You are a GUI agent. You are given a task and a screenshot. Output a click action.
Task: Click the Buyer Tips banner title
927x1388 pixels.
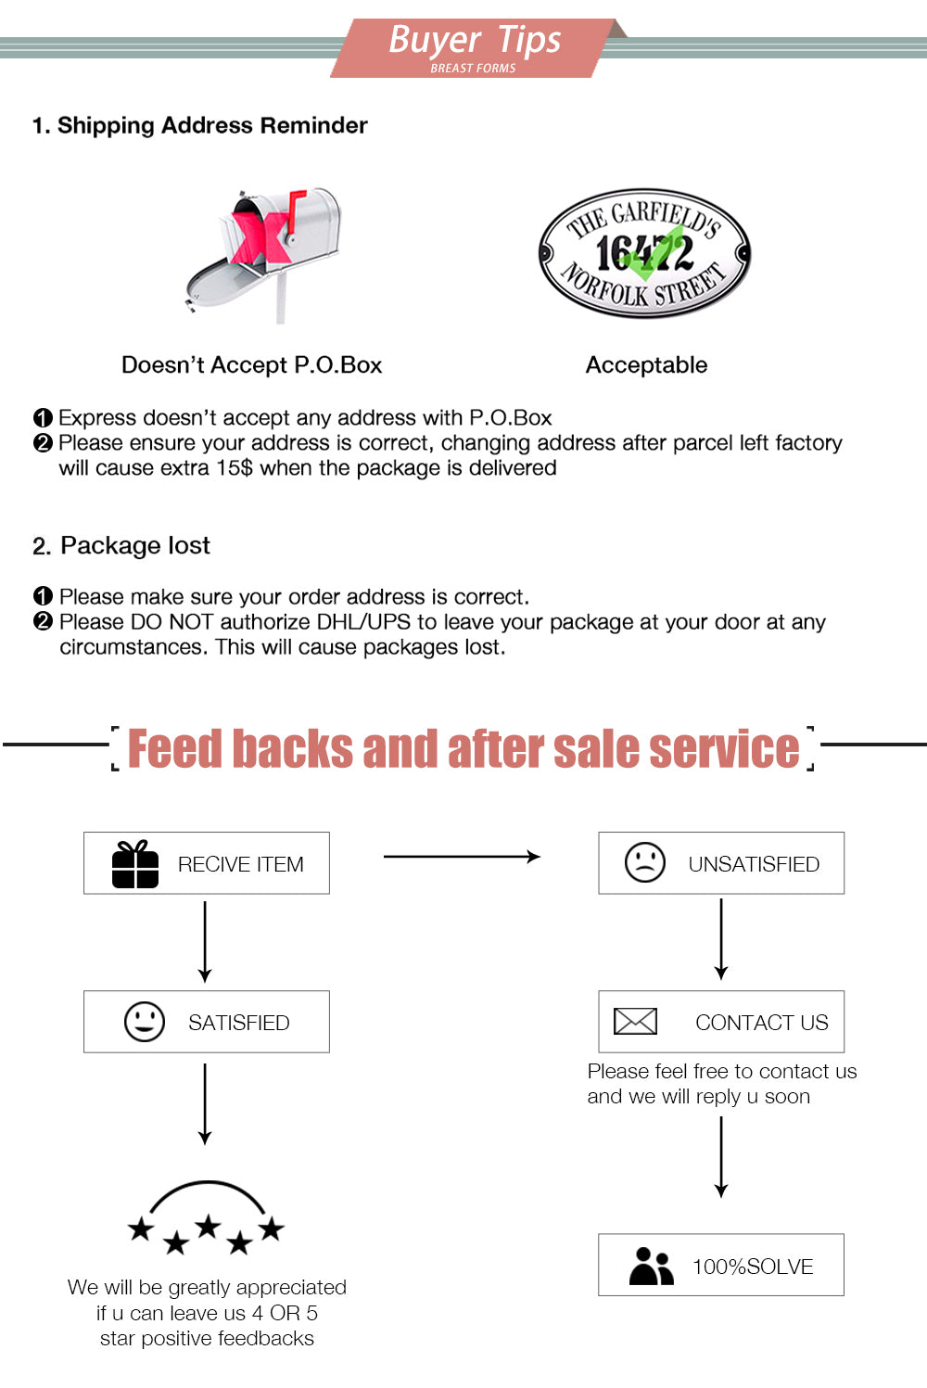(474, 41)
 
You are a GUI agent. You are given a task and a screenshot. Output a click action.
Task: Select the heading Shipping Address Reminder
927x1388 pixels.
(200, 126)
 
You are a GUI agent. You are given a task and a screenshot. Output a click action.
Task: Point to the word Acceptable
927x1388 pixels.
(646, 365)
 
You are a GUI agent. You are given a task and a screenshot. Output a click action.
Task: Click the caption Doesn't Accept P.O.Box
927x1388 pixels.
(251, 365)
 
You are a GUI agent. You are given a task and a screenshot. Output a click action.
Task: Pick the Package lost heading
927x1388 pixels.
(121, 546)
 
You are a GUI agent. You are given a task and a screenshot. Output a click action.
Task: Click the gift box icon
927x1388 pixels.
(135, 864)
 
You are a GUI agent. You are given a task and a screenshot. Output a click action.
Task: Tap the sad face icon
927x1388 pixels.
(645, 862)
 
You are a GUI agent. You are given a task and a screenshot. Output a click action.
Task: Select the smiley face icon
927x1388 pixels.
(145, 1022)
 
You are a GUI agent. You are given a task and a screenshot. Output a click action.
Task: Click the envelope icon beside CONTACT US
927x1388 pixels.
(635, 1022)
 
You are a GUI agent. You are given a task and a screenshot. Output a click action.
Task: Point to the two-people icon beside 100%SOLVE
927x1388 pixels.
(651, 1266)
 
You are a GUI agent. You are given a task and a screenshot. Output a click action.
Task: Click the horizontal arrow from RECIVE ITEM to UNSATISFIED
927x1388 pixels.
(462, 857)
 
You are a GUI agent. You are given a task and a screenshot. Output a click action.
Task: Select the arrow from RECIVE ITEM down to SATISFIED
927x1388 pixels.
(205, 941)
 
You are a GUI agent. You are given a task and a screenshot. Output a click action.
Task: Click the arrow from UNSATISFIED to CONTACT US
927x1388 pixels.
(721, 939)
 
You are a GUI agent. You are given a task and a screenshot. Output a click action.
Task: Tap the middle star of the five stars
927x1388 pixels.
(208, 1227)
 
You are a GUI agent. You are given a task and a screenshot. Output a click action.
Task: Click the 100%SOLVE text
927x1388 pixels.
(753, 1267)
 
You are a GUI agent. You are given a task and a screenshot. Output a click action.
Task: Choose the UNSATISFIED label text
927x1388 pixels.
(754, 864)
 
